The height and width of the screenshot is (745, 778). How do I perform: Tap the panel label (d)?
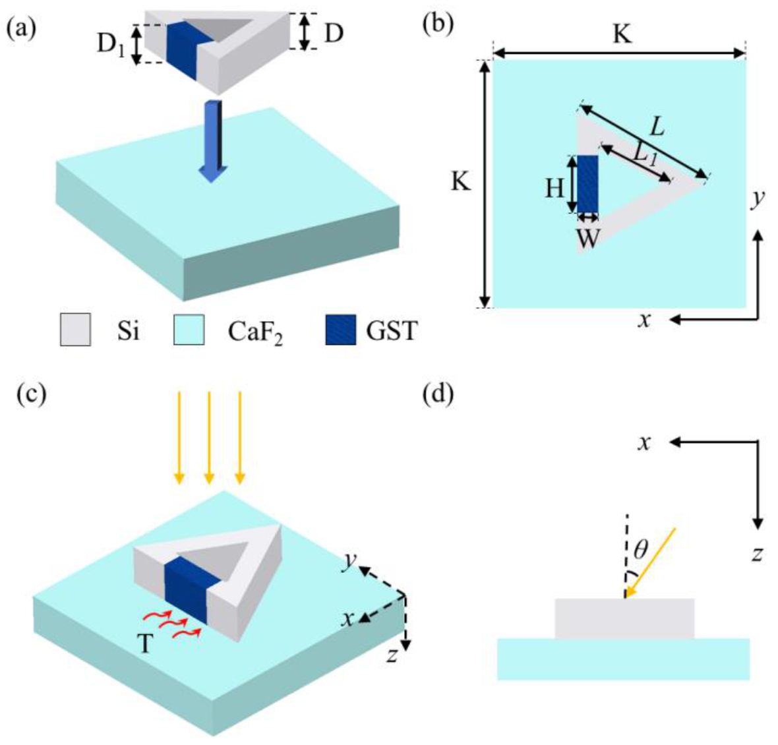437,395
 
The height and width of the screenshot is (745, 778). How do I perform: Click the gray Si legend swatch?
75,330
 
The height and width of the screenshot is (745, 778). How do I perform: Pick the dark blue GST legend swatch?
341,330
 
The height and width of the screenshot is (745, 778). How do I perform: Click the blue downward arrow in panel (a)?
213,142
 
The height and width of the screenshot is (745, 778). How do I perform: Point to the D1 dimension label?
111,45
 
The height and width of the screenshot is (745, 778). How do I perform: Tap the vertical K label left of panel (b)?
461,181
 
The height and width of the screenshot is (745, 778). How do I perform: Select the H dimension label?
554,189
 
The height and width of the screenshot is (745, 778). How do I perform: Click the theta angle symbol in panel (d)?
640,549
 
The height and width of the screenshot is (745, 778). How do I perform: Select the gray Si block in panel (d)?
624,618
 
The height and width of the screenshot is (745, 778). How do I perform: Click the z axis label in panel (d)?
758,553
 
